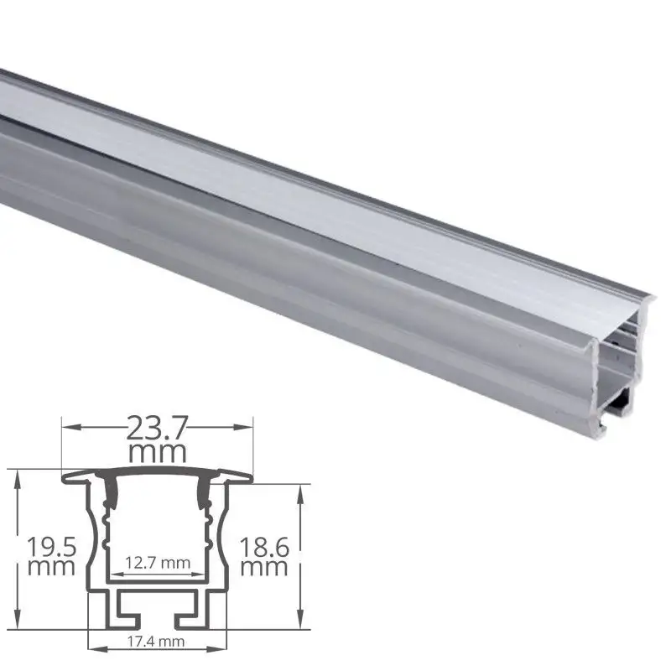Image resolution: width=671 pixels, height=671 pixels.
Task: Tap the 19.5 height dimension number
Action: coord(52,547)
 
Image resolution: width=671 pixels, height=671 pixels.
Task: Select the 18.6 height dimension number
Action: coord(265,547)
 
